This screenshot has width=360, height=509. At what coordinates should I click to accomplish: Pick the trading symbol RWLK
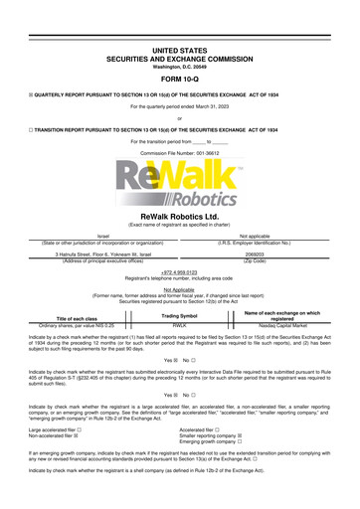[180, 324]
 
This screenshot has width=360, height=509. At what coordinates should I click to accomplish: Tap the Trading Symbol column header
[180, 314]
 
